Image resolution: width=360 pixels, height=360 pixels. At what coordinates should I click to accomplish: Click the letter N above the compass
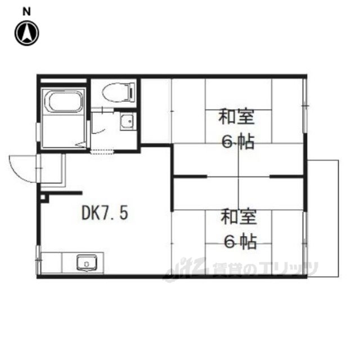point(26,11)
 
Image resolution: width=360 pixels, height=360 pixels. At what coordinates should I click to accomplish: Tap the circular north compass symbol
point(27,33)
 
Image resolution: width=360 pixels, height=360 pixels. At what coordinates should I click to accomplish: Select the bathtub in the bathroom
point(65,102)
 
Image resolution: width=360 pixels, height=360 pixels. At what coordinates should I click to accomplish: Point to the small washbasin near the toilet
point(127,121)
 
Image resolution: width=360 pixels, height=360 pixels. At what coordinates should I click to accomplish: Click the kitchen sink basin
point(87,263)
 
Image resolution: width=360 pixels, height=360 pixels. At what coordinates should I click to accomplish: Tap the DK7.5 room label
point(105,213)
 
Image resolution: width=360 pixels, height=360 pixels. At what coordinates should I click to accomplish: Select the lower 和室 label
point(238,217)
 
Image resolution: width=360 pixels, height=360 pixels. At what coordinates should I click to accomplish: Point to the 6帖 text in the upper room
point(238,142)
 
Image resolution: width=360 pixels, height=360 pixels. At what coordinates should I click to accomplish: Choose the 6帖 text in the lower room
point(240,242)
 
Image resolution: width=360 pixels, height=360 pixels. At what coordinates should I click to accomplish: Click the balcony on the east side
point(323,218)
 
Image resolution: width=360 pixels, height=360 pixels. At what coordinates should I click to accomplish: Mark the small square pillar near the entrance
point(43,197)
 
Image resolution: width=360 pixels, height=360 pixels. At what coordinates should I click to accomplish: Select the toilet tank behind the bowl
point(132,92)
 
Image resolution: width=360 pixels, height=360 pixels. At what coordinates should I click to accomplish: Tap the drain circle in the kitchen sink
point(87,264)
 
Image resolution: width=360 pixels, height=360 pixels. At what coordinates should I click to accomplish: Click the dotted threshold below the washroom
point(102,152)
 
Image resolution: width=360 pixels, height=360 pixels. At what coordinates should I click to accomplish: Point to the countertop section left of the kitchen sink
point(51,263)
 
